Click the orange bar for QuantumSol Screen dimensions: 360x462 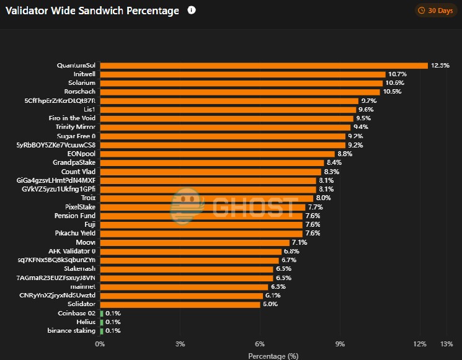point(264,65)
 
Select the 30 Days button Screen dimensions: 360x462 point(435,11)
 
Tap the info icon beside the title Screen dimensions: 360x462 point(191,11)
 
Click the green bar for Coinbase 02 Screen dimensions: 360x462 point(101,314)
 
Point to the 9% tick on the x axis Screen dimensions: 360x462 point(340,344)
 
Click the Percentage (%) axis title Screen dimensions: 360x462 point(273,356)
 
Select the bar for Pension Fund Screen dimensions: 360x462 point(201,216)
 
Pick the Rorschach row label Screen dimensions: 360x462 point(79,92)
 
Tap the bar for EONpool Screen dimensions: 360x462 point(217,154)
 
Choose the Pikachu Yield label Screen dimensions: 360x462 point(74,234)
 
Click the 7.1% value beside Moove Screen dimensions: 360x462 point(300,242)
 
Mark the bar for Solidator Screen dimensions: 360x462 point(180,304)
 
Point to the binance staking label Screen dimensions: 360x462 point(71,331)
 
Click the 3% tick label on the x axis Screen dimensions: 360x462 point(180,344)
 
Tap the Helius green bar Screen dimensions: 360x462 point(101,322)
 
